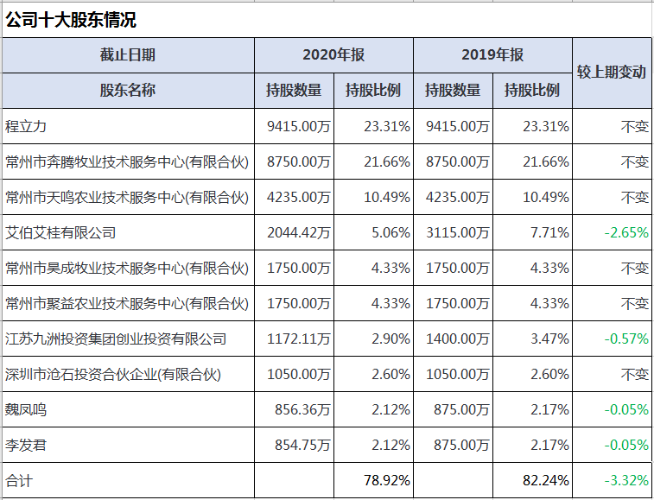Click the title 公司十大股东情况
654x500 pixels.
point(71,20)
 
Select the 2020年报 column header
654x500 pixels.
point(333,55)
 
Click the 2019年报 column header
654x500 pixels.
point(492,55)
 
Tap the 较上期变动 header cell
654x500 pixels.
point(611,73)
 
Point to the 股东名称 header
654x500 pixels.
point(128,90)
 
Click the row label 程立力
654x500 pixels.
point(26,126)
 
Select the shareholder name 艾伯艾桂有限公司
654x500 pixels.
point(60,232)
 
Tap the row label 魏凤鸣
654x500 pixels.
point(26,409)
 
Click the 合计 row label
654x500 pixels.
point(19,480)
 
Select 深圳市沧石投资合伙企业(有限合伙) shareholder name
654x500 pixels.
point(112,374)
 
